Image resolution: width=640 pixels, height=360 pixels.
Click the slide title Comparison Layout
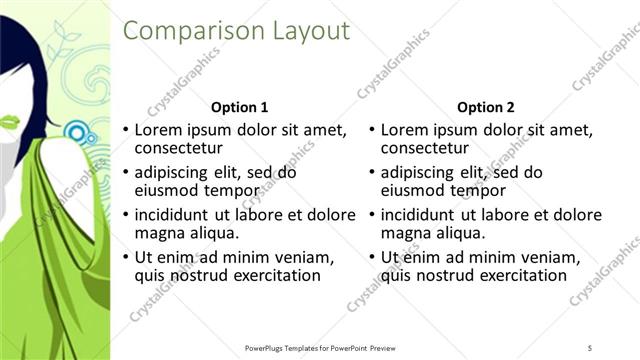[x=236, y=31]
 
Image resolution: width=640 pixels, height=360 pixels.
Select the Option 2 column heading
[x=486, y=107]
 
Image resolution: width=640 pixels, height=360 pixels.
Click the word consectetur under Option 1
[x=178, y=149]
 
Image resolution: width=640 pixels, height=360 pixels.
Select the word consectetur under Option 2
[x=424, y=149]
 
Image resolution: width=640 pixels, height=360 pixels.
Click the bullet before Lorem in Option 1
[x=125, y=130]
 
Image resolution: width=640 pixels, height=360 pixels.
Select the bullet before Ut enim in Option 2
[x=371, y=257]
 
